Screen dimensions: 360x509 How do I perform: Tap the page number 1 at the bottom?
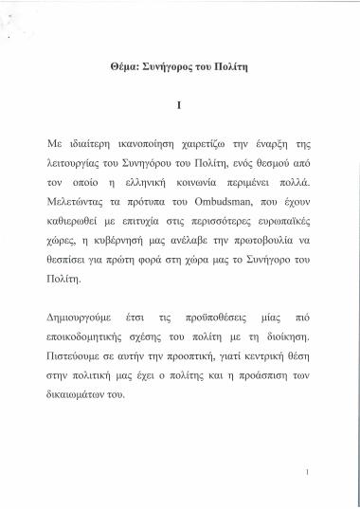324,472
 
